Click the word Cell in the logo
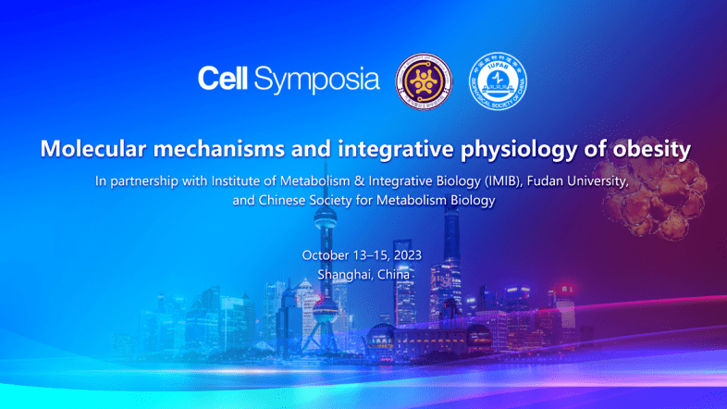pos(222,80)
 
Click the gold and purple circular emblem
pos(425,81)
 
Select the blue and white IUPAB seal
pos(497,81)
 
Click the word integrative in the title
pos(379,148)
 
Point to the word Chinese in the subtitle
pos(286,200)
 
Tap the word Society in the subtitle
pos(339,200)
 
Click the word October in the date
pos(327,255)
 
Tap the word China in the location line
pos(393,275)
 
